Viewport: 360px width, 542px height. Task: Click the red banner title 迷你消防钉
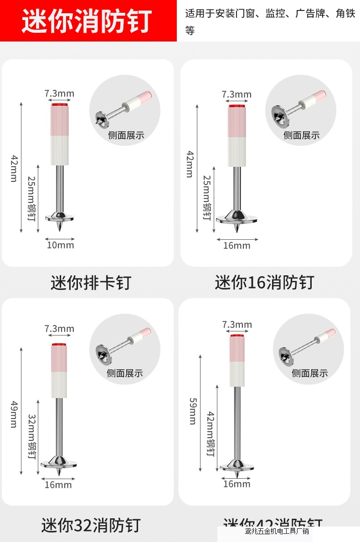(x=86, y=21)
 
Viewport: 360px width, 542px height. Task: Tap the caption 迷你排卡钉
(x=91, y=283)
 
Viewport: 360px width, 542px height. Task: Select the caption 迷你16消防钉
(x=264, y=283)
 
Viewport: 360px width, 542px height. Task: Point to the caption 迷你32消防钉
(x=91, y=525)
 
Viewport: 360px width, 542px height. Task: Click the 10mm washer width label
(x=60, y=245)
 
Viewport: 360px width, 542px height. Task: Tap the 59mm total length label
(x=192, y=411)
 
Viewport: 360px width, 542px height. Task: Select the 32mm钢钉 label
(x=31, y=436)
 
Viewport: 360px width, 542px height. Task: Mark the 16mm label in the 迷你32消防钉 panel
(x=58, y=485)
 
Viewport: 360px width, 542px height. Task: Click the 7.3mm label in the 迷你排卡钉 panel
(x=59, y=94)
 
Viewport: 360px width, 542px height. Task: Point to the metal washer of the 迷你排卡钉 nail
(x=60, y=216)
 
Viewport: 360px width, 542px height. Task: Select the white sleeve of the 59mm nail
(x=237, y=374)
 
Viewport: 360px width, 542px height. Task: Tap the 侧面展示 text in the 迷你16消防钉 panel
(x=301, y=135)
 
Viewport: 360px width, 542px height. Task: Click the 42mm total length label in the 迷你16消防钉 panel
(x=189, y=164)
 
